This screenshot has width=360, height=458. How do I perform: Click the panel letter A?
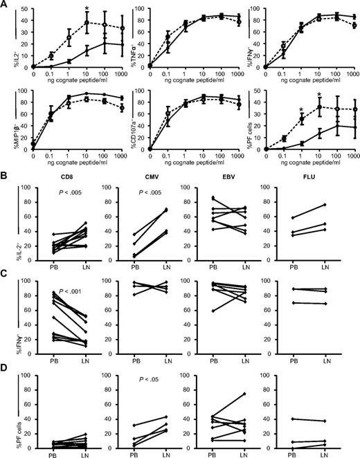[6, 6]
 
